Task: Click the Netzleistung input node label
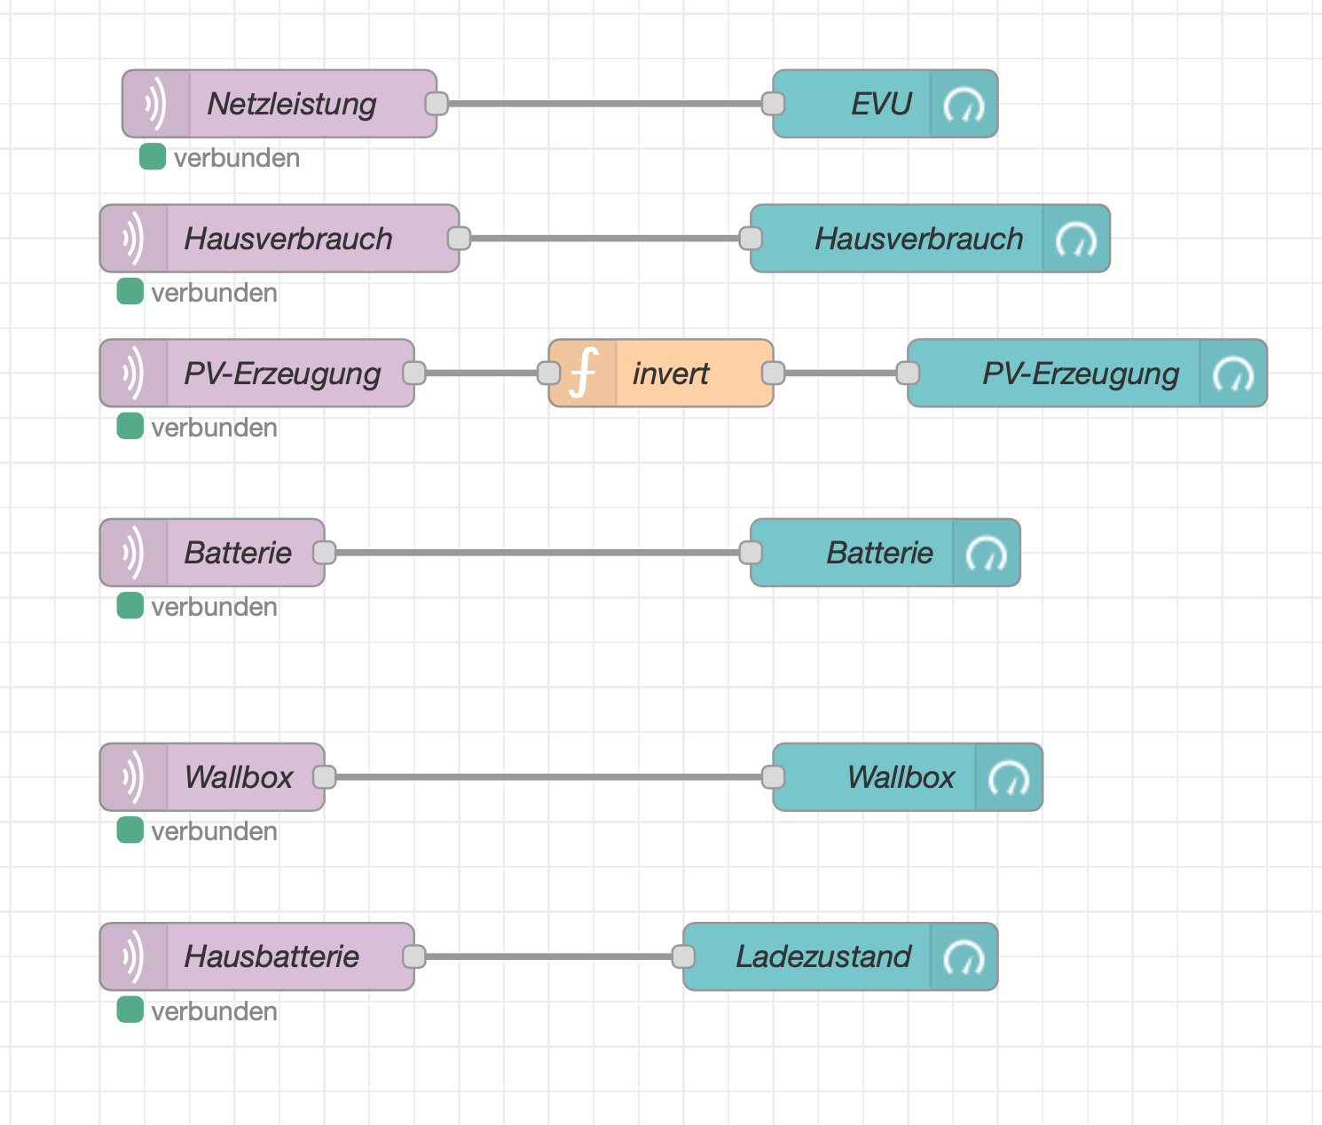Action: [x=292, y=105]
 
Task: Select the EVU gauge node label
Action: [x=881, y=105]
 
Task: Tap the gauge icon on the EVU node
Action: [x=964, y=105]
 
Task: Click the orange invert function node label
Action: [x=671, y=374]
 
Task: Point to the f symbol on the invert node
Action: [x=583, y=373]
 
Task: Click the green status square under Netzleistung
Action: [x=153, y=157]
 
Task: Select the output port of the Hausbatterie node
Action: [x=414, y=956]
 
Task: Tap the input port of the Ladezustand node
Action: [x=683, y=956]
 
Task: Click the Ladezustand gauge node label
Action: [x=823, y=956]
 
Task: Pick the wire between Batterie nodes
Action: [x=538, y=553]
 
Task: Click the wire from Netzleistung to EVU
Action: [x=605, y=104]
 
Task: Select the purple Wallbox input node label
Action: [x=239, y=777]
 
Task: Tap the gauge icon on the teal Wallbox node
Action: [x=1009, y=778]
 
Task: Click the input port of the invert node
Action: [x=548, y=373]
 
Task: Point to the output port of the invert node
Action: [x=774, y=373]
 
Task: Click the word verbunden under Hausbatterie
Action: [x=214, y=1011]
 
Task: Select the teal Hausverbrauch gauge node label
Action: [x=918, y=240]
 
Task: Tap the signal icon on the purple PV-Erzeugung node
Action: [x=133, y=373]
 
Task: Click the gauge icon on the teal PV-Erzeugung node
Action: [x=1233, y=374]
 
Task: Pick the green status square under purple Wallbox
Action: [x=130, y=830]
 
